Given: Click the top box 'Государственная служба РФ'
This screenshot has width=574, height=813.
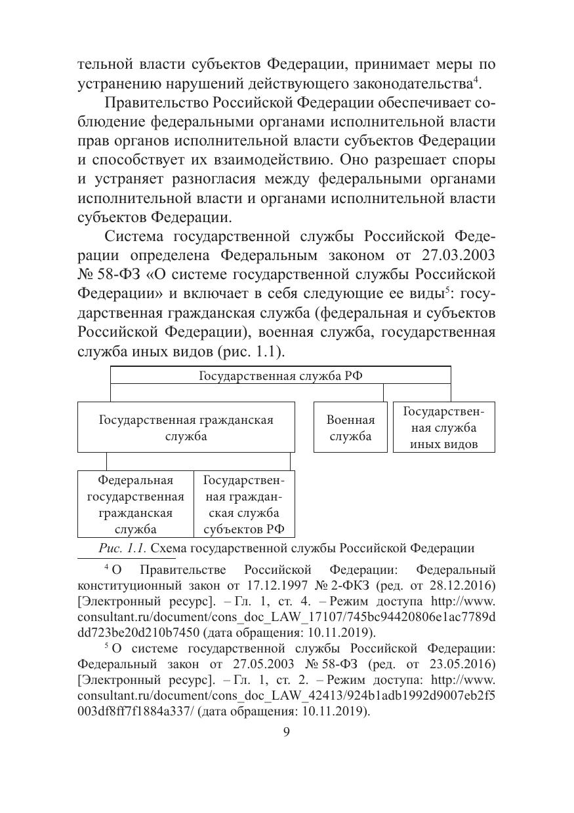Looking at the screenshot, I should click(x=280, y=375).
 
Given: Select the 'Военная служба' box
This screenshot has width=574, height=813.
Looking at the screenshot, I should click(x=350, y=428).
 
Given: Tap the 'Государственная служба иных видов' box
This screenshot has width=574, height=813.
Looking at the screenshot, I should click(x=443, y=428).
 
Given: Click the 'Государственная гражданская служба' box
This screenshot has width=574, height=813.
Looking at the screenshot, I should click(x=186, y=428).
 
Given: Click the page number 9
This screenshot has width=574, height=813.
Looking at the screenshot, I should click(x=286, y=732).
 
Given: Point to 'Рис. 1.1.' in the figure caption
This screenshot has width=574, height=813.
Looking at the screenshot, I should click(x=117, y=548).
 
